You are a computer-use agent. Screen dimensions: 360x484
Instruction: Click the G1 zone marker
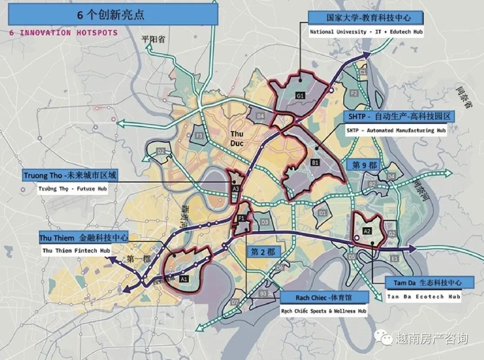pos(300,95)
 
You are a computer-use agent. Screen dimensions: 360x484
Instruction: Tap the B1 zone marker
pos(315,163)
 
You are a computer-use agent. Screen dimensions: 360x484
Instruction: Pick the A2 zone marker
pos(367,231)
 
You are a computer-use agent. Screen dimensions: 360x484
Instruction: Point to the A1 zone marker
pos(183,279)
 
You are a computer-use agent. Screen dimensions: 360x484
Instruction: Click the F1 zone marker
pos(241,218)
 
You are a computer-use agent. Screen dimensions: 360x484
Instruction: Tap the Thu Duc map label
pos(237,138)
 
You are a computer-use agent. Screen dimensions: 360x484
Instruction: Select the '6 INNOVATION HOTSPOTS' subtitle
pos(63,33)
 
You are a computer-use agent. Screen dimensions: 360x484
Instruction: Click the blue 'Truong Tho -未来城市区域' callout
pos(70,175)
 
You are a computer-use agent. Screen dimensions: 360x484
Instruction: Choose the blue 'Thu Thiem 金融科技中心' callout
pos(84,237)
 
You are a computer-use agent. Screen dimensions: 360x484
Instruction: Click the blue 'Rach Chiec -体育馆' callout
pos(325,297)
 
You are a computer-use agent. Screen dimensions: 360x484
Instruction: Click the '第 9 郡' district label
pos(365,165)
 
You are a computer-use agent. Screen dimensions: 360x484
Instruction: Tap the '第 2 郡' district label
pos(263,252)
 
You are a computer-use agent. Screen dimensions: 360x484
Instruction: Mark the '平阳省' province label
pos(153,39)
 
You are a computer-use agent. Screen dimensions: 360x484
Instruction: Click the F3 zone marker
pos(199,135)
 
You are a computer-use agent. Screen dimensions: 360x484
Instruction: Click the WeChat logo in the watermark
pos(384,338)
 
